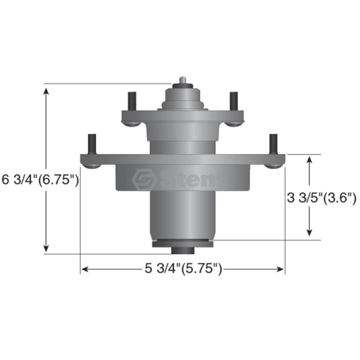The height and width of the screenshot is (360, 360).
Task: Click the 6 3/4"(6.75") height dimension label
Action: click(40, 180)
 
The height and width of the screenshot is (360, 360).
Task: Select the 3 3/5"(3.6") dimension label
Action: click(322, 198)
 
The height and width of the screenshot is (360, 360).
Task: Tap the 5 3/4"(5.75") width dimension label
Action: click(184, 268)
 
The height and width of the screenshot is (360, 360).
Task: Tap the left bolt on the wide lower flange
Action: click(92, 144)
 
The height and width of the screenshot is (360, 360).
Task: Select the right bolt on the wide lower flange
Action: click(273, 144)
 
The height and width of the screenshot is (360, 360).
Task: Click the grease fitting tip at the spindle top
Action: click(183, 80)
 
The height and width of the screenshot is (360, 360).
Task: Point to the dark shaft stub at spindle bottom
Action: click(183, 251)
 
